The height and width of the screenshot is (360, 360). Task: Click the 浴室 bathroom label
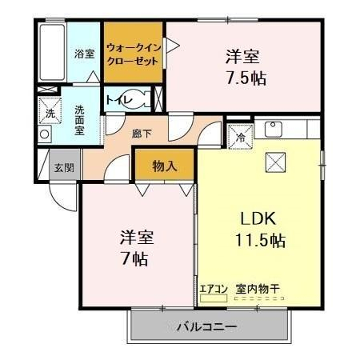coord(84,54)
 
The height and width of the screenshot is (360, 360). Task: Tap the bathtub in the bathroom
coord(52,53)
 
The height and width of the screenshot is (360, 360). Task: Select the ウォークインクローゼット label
coord(134,54)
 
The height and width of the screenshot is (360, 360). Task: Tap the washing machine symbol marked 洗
coord(50,110)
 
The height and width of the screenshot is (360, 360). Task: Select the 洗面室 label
coord(79,120)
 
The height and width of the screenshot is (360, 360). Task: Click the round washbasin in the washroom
coord(44,134)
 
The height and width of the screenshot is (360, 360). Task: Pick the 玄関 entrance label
coord(64,168)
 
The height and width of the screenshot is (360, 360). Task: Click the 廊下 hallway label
coord(142,134)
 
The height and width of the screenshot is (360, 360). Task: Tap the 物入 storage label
coord(165,166)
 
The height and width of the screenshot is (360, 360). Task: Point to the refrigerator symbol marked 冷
coord(240,137)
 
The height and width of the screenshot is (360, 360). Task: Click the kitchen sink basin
coord(273,129)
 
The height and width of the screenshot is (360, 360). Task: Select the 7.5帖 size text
coord(246,78)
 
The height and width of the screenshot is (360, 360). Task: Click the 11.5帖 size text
coord(260,240)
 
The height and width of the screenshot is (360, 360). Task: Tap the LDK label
coord(258,218)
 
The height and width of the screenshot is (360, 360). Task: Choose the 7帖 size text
coord(134,258)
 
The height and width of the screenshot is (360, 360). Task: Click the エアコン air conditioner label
coord(214,289)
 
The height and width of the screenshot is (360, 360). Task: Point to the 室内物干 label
coord(258,289)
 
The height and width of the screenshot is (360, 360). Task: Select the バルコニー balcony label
coord(207,326)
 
